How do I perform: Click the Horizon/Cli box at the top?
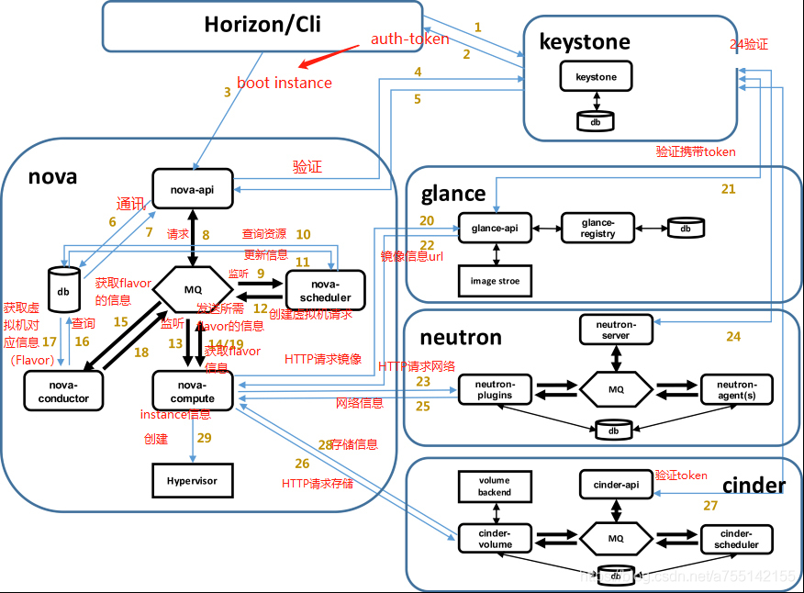[x=262, y=25]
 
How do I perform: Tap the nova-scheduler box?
[x=325, y=290]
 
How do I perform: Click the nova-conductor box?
[x=64, y=391]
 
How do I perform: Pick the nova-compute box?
[x=193, y=391]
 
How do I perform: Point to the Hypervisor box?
[x=193, y=480]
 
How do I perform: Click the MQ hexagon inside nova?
[x=193, y=290]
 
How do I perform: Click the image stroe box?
[x=496, y=281]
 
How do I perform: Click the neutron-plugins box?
[x=496, y=389]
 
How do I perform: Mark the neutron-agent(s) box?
[x=737, y=389]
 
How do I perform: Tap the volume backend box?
[x=495, y=487]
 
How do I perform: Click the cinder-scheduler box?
[x=737, y=539]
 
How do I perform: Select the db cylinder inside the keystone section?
[x=596, y=120]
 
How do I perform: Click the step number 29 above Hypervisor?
[x=203, y=439]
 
